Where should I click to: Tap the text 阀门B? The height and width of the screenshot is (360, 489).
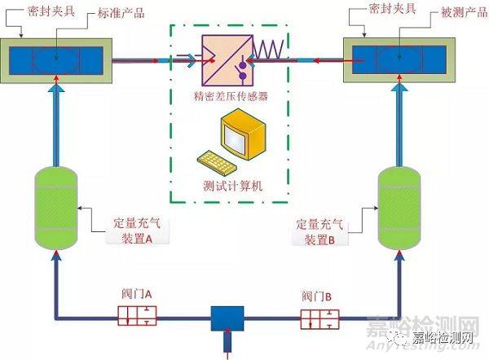tap(319, 296)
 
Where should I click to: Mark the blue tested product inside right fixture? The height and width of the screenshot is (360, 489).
tap(399, 59)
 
